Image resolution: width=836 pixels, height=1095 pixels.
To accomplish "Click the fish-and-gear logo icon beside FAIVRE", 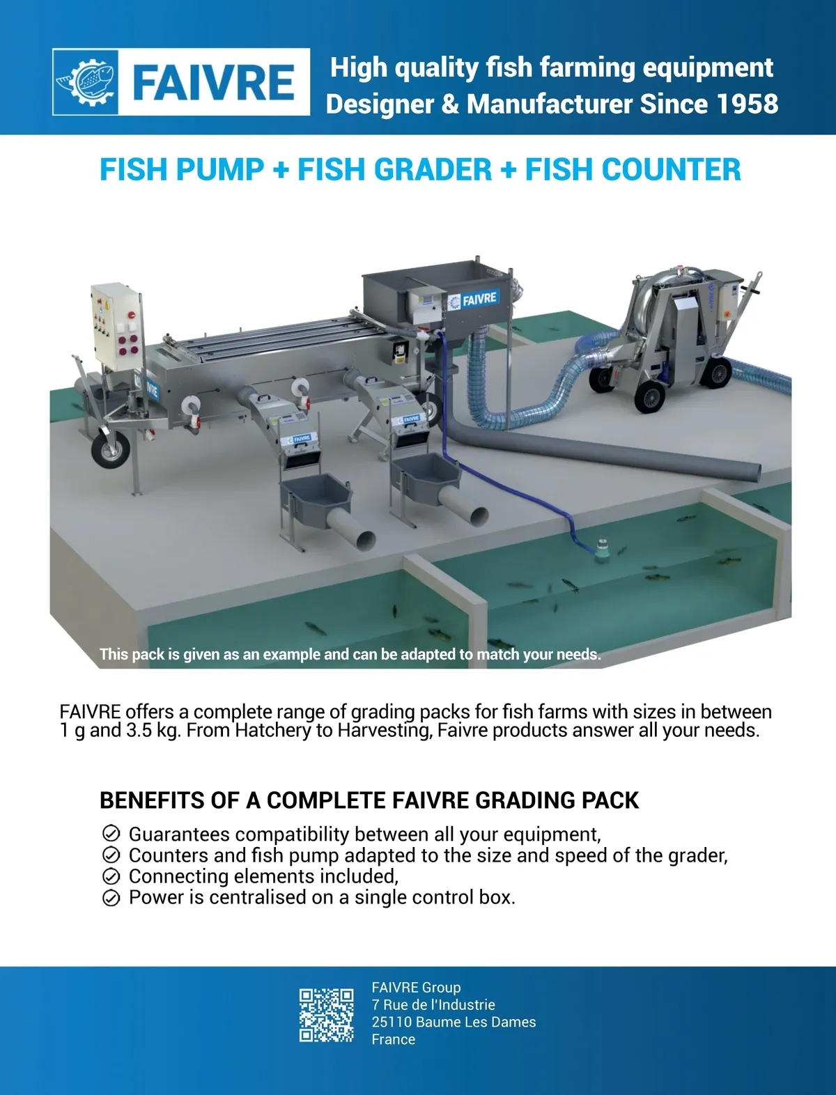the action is point(86,81).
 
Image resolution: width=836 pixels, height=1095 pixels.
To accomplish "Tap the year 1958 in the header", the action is point(747,104).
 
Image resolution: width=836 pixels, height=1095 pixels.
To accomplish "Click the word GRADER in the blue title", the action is point(394,169).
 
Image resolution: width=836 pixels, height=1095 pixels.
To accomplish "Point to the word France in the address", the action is point(393,1039).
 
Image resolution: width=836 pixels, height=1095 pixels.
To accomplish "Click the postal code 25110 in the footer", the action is point(392,1022).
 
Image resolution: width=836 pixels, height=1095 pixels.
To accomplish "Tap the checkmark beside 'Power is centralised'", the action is point(111,898).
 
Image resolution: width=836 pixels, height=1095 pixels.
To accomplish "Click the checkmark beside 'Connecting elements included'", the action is point(111,876).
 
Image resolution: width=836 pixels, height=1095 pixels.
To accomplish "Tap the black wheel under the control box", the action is point(111,449).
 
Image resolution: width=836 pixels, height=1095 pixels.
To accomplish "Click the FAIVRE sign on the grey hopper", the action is point(472,300).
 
